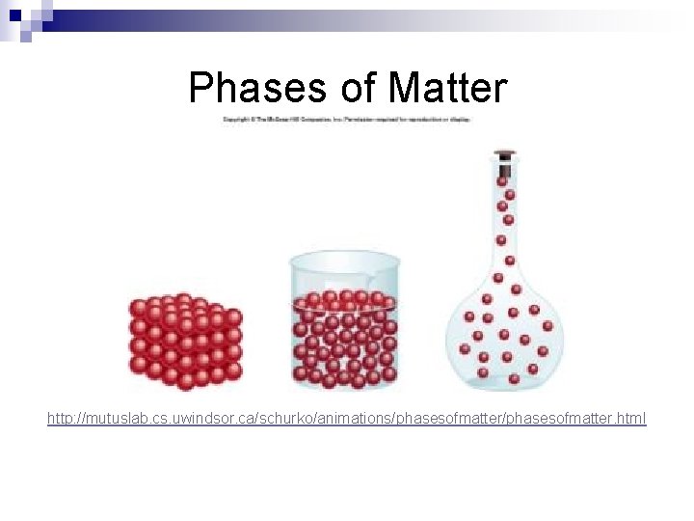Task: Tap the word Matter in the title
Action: coord(446,88)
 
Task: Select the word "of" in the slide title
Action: coord(360,88)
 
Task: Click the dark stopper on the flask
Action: coord(503,154)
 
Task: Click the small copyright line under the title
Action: coord(346,120)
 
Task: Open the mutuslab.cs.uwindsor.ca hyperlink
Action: coord(347,419)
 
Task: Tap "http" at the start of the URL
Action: coord(60,419)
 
